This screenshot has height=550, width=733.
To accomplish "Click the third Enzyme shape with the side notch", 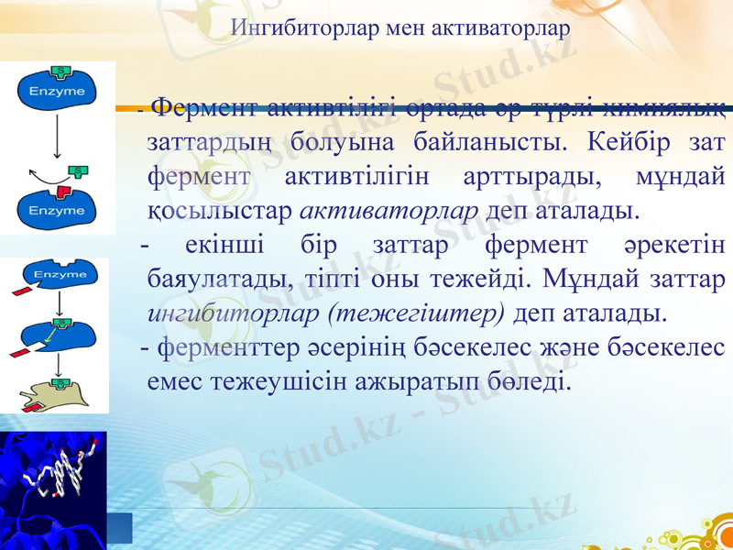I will tap(55, 334).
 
